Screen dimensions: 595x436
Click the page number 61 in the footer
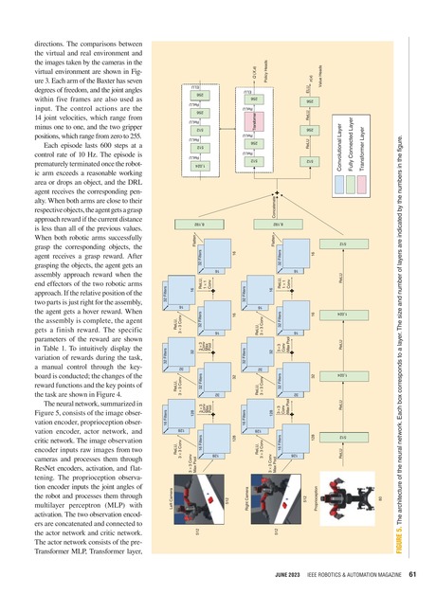414,575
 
